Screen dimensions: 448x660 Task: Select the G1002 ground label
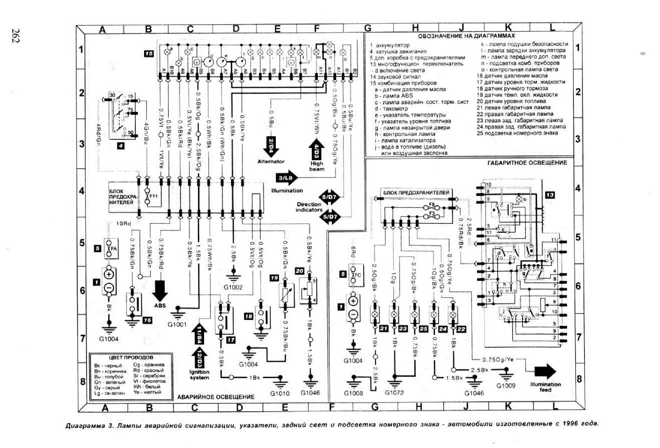tap(233, 288)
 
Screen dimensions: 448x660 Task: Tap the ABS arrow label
tap(160, 306)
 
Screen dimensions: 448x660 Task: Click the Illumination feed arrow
tap(545, 372)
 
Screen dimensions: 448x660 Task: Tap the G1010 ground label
tap(280, 393)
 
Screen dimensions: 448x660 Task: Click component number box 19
tap(274, 278)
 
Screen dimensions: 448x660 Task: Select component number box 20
tap(300, 271)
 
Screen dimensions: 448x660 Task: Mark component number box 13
tap(550, 195)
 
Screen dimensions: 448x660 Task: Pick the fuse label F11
tap(154, 196)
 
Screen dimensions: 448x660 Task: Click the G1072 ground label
tap(394, 393)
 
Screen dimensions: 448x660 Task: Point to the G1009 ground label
tap(506, 386)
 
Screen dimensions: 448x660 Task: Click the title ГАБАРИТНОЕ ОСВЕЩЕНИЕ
tap(527, 163)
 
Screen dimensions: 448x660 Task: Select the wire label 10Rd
tap(123, 224)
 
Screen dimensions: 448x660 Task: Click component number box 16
tap(147, 320)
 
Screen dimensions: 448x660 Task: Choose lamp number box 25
tap(423, 329)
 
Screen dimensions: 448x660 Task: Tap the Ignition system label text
tap(199, 375)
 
